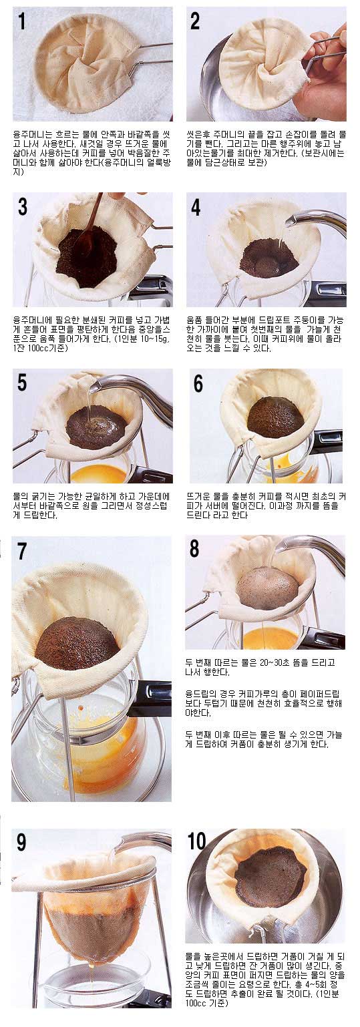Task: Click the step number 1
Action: [21, 21]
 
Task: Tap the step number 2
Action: [195, 21]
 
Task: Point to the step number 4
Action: [196, 207]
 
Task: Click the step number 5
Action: [22, 383]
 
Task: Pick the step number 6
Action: [198, 383]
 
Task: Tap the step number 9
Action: [21, 843]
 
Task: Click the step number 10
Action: [197, 841]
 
